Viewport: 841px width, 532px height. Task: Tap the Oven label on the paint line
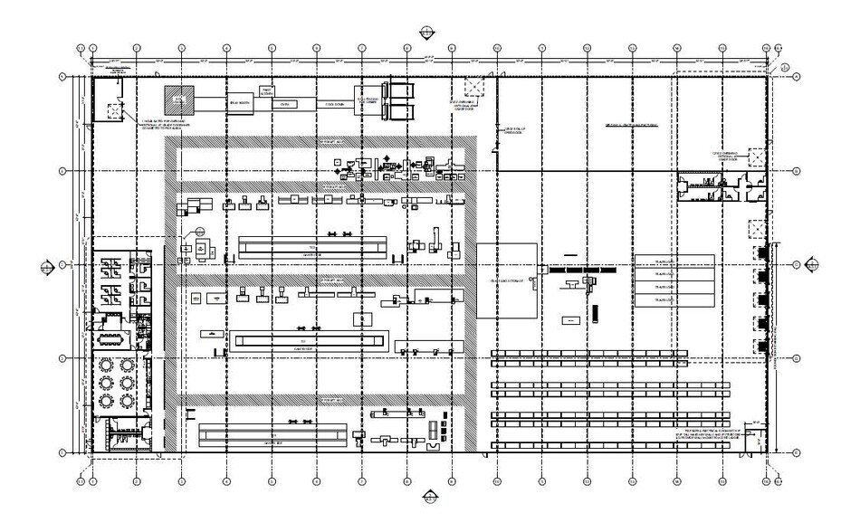284,104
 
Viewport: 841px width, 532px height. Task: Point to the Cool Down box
335,104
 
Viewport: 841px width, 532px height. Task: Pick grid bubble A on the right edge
795,77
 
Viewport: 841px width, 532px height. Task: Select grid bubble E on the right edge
795,451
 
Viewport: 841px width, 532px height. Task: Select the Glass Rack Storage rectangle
507,280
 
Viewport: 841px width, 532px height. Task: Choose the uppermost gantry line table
312,244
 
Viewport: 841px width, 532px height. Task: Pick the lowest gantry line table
273,435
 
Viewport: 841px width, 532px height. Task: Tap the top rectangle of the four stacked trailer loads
674,261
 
